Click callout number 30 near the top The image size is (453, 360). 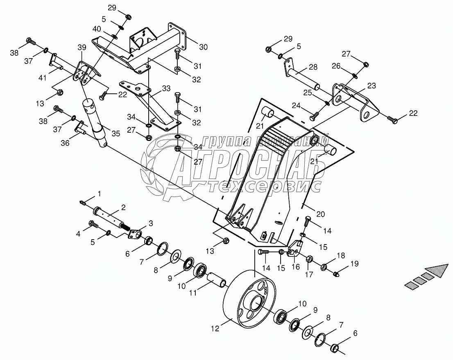[x=204, y=47]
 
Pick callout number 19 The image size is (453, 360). [x=354, y=264]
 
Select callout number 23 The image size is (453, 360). [x=371, y=86]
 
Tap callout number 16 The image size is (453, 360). [x=295, y=267]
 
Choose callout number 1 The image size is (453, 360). [x=98, y=193]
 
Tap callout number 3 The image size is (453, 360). [x=151, y=223]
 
